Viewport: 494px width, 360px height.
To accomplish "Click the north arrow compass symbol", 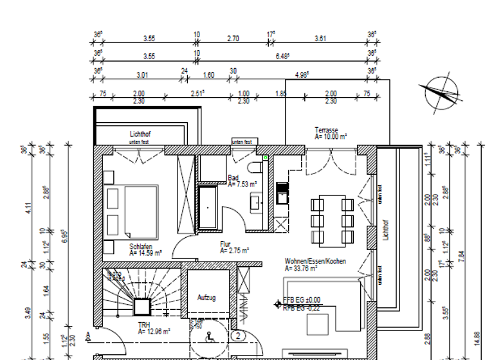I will (441, 93).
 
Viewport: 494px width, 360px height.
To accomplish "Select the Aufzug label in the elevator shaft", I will (206, 298).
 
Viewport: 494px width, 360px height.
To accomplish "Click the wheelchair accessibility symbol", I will (208, 336).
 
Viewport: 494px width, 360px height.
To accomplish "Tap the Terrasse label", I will (327, 130).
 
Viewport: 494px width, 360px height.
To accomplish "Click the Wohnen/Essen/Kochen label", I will (316, 262).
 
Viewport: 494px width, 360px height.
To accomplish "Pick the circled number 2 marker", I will (238, 335).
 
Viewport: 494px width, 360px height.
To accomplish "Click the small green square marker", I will (265, 157).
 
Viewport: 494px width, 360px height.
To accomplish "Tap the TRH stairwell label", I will (143, 326).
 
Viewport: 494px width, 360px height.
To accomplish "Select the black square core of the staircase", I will (141, 307).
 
